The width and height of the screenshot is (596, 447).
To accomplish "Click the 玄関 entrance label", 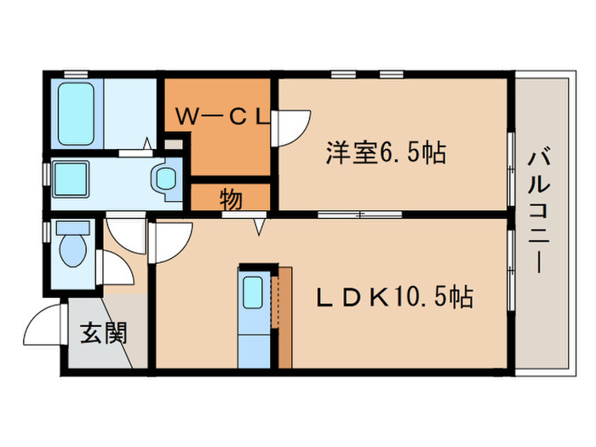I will [x=104, y=332].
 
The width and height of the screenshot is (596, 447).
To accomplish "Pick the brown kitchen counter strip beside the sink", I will [x=284, y=315].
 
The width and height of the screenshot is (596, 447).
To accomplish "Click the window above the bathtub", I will [x=77, y=75].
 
